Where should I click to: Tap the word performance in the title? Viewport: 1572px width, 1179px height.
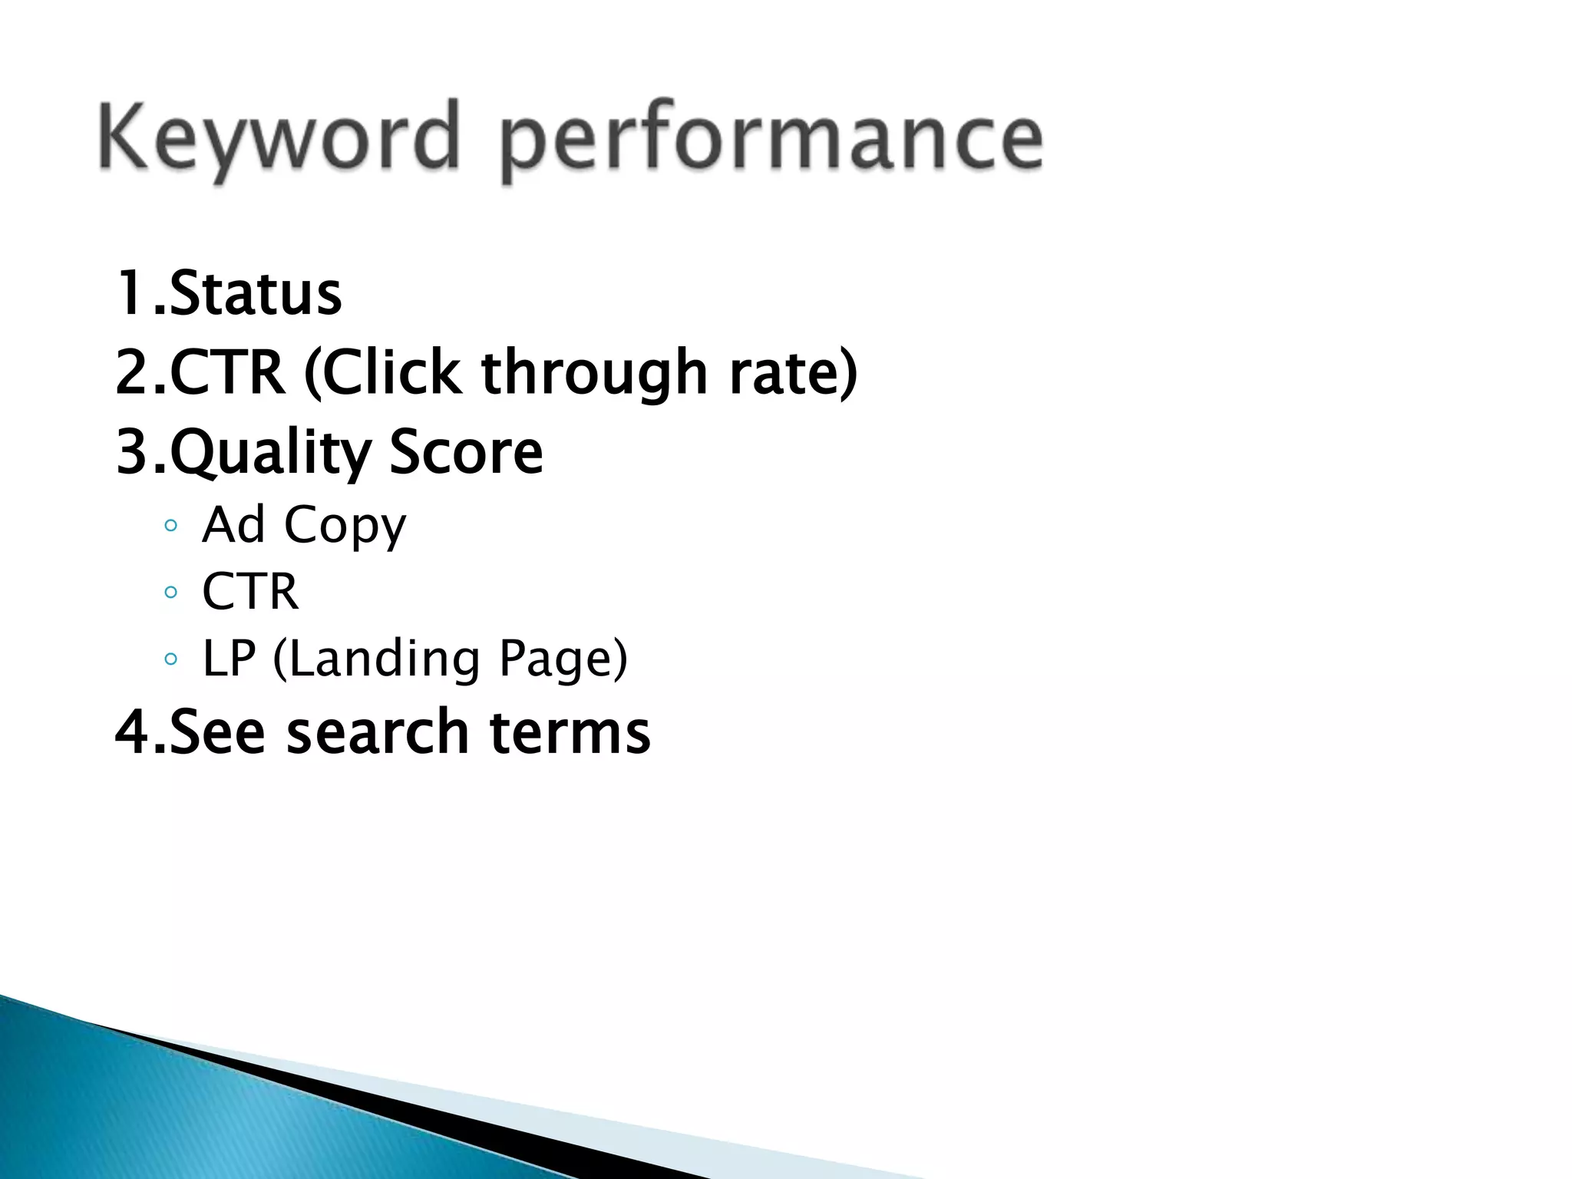(x=772, y=142)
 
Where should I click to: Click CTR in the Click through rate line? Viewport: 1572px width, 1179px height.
(x=226, y=372)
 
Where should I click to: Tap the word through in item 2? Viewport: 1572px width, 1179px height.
(x=594, y=374)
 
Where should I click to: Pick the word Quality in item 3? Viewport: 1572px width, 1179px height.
(x=270, y=453)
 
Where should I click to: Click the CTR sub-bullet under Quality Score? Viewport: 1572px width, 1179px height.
(x=249, y=592)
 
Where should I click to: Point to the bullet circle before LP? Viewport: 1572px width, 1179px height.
(x=171, y=659)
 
